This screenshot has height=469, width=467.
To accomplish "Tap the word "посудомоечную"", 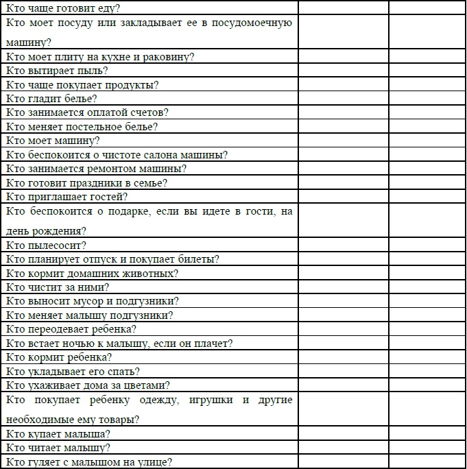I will click(253, 23).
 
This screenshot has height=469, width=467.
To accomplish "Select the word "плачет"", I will click(211, 344).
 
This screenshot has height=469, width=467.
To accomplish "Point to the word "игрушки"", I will click(208, 400).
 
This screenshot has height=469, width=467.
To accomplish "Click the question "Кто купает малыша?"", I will click(59, 434).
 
